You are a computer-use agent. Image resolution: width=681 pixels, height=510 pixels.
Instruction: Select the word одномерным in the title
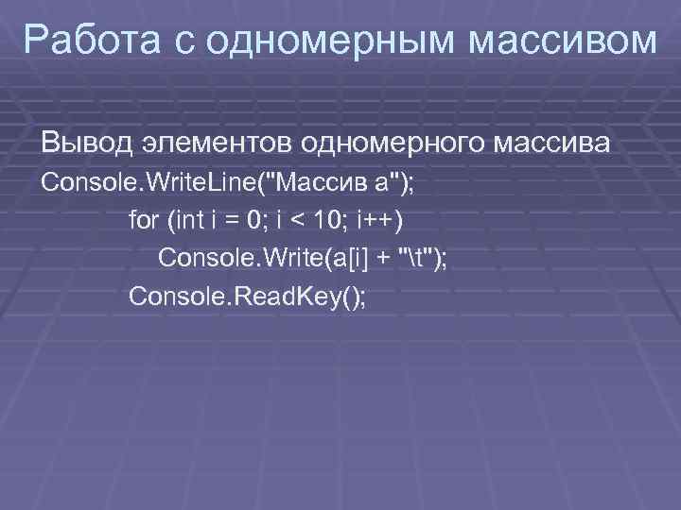pos(324,41)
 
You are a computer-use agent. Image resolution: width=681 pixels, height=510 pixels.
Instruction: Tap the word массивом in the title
pos(567,41)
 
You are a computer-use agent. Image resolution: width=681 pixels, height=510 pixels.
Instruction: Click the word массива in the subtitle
pos(558,145)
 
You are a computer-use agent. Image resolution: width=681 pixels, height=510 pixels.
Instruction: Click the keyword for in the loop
pos(144,221)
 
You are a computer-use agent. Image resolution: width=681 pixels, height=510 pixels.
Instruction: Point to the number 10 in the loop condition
pos(327,221)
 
